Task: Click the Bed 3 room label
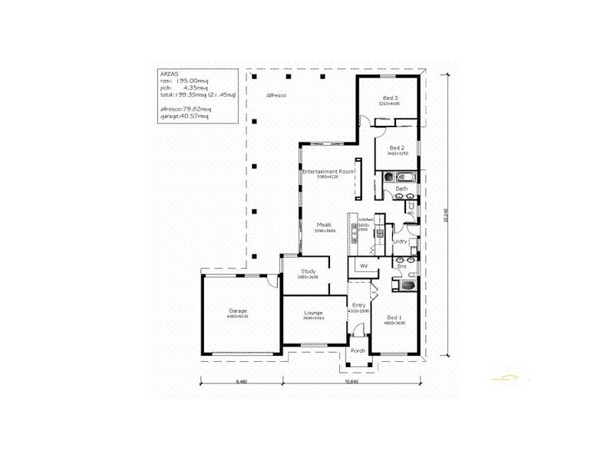point(390,98)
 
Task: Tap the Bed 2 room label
point(396,148)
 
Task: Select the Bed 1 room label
point(394,317)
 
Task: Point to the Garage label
point(236,310)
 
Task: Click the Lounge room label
point(313,313)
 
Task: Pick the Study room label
point(309,271)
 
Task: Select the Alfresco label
point(276,94)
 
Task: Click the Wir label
point(365,265)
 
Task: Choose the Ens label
point(412,266)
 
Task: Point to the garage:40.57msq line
point(185,117)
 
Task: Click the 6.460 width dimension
point(241,381)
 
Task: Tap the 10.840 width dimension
point(352,381)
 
